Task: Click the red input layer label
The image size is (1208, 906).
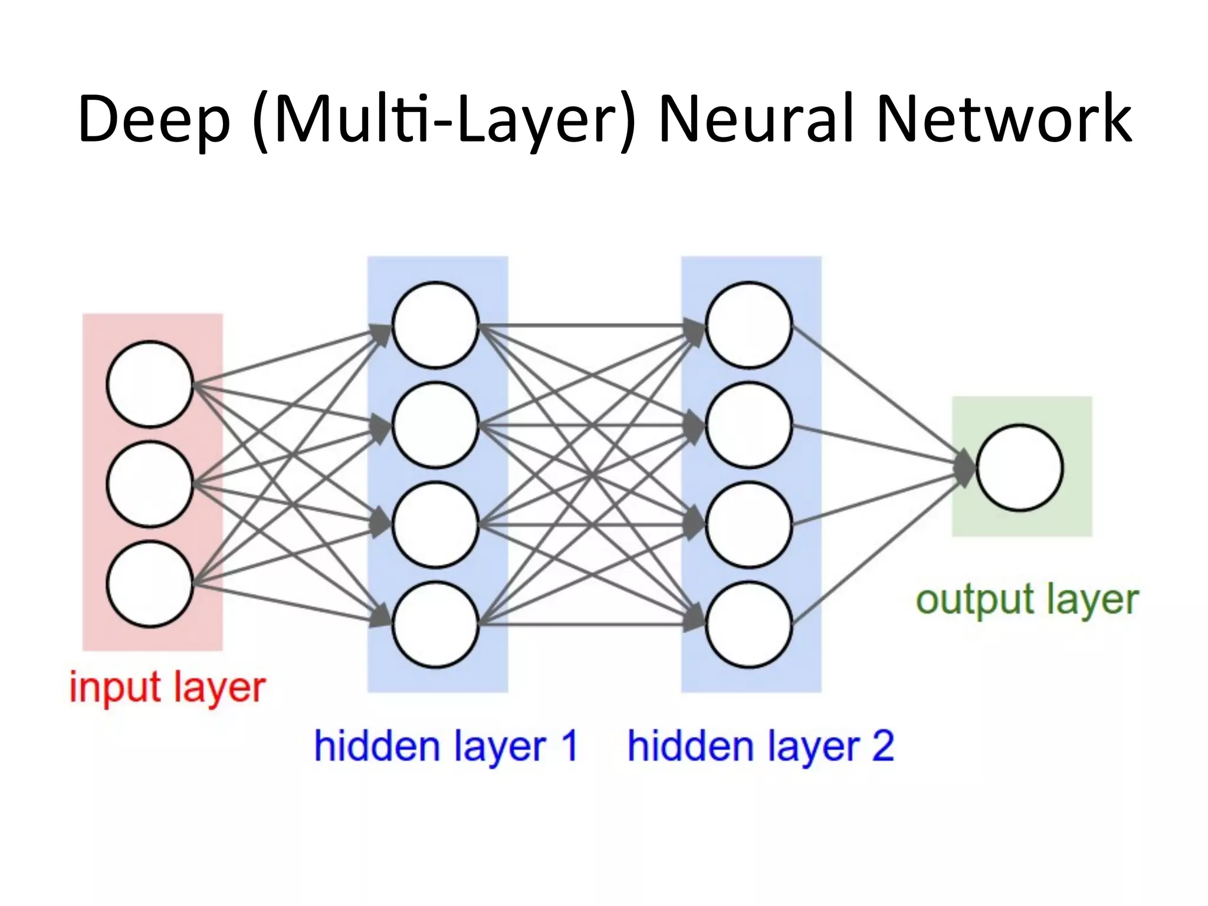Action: (168, 688)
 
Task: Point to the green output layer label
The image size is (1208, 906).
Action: (1026, 600)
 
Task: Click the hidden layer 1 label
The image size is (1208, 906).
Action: (445, 746)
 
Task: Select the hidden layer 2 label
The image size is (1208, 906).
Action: (760, 746)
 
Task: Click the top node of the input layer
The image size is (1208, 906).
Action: (150, 384)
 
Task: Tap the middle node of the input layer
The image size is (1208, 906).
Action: (150, 484)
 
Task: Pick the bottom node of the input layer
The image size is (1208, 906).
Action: (150, 584)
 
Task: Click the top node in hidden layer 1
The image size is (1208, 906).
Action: (435, 325)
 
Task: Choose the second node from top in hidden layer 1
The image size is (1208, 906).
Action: (435, 425)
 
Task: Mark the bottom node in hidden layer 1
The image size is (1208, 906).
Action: (435, 625)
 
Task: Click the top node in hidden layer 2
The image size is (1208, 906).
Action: (749, 325)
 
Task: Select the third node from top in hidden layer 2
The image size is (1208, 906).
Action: (749, 525)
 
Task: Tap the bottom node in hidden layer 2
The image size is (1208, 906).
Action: (749, 625)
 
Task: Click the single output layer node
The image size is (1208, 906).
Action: (1020, 467)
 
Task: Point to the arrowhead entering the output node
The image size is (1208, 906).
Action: (966, 467)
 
